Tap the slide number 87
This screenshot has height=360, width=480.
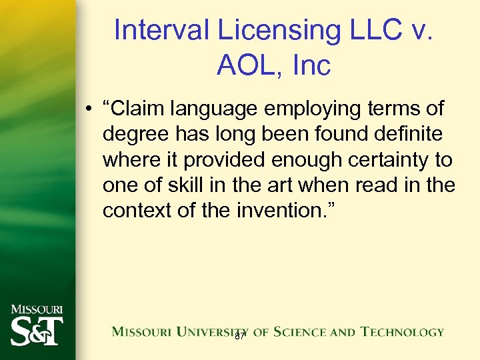[240, 337]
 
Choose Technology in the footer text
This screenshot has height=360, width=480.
[402, 331]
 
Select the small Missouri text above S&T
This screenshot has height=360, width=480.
[37, 309]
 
